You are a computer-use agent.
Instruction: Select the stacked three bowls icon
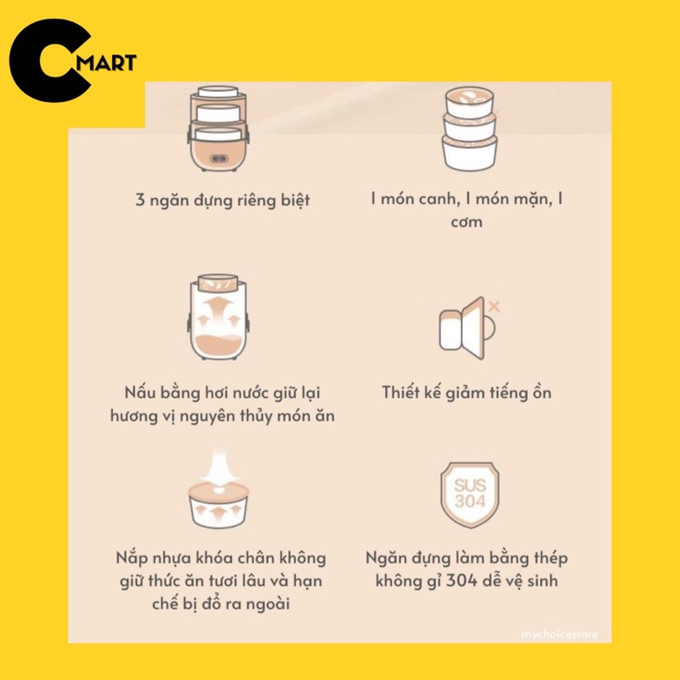pyautogui.click(x=470, y=128)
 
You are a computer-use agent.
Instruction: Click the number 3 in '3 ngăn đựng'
pyautogui.click(x=140, y=201)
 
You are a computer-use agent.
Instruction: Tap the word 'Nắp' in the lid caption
pyautogui.click(x=133, y=559)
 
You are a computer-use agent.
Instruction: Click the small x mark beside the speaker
pyautogui.click(x=495, y=304)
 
